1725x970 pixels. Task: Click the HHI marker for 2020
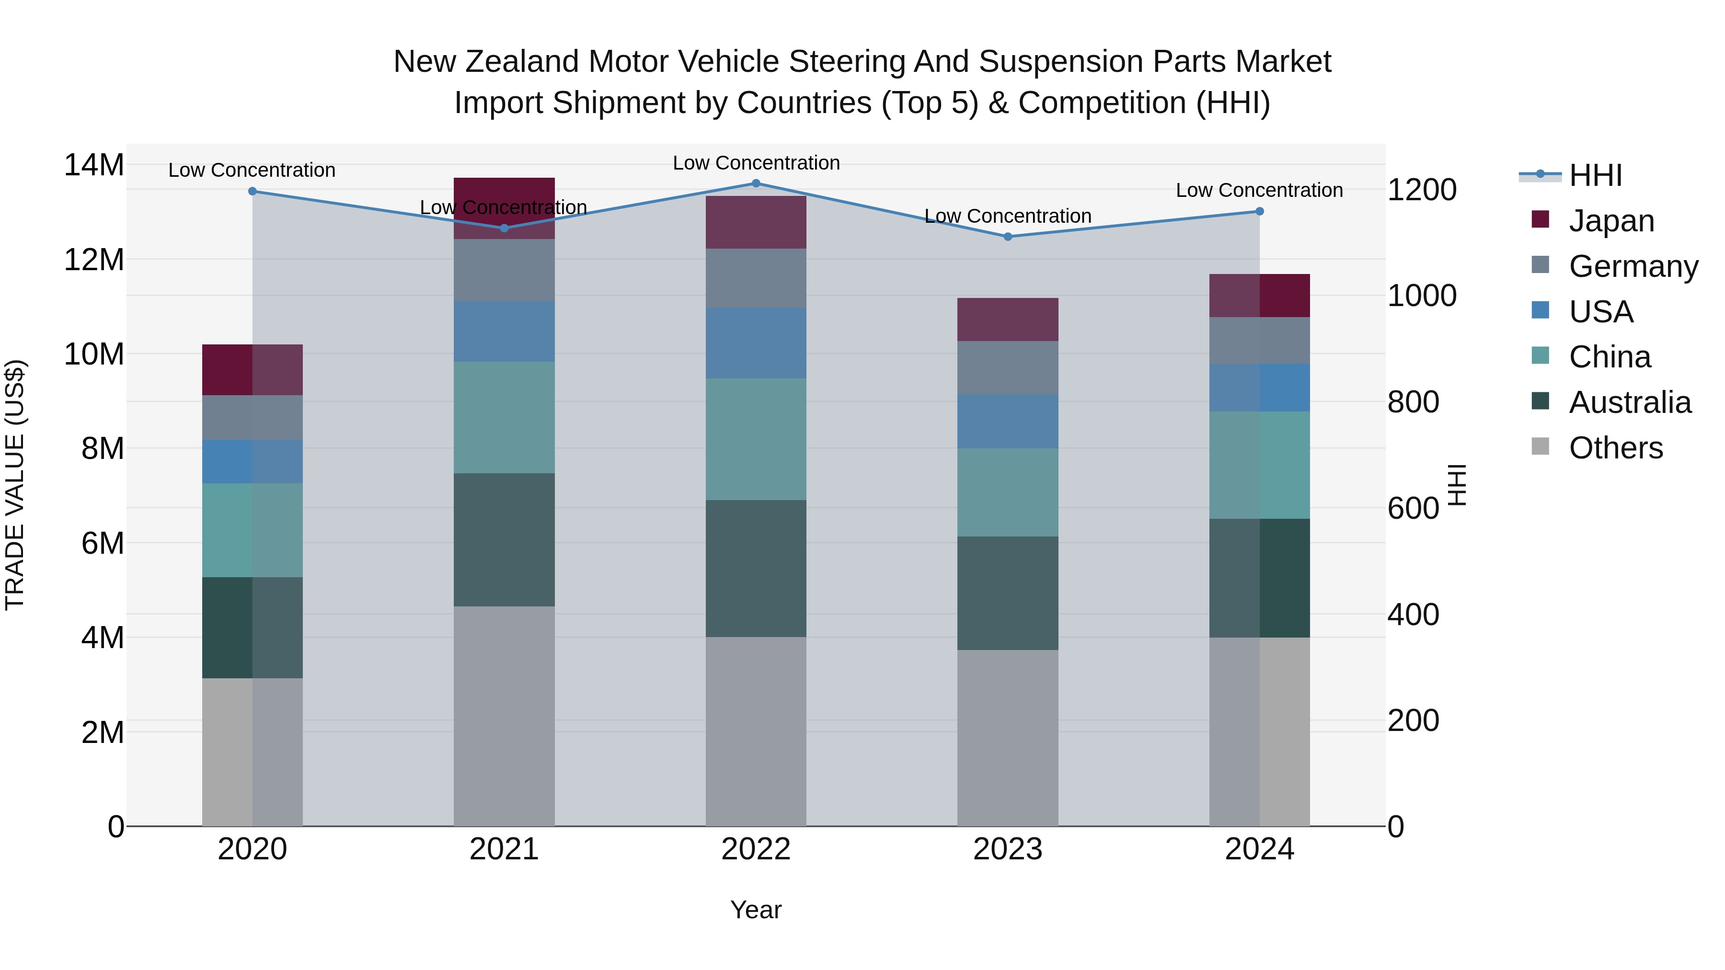pyautogui.click(x=253, y=192)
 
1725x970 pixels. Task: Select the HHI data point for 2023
pyautogui.click(x=1008, y=236)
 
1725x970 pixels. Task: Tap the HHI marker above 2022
pyautogui.click(x=756, y=183)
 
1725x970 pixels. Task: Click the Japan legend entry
pyautogui.click(x=1610, y=221)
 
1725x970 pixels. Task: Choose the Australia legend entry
pyautogui.click(x=1629, y=402)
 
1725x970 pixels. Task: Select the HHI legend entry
pyautogui.click(x=1595, y=175)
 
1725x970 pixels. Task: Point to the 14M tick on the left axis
pyautogui.click(x=94, y=165)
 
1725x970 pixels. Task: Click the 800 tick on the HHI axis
pyautogui.click(x=1413, y=402)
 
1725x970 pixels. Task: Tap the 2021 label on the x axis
pyautogui.click(x=504, y=849)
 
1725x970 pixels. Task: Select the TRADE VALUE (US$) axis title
pyautogui.click(x=15, y=485)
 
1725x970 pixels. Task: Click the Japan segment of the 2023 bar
pyautogui.click(x=1008, y=320)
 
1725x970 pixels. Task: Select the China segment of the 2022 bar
pyautogui.click(x=756, y=439)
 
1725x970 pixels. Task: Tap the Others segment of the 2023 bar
pyautogui.click(x=1008, y=738)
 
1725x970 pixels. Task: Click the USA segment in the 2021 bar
pyautogui.click(x=504, y=331)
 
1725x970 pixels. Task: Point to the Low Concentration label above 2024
pyautogui.click(x=1259, y=191)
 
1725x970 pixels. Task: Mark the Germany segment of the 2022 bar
pyautogui.click(x=756, y=278)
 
